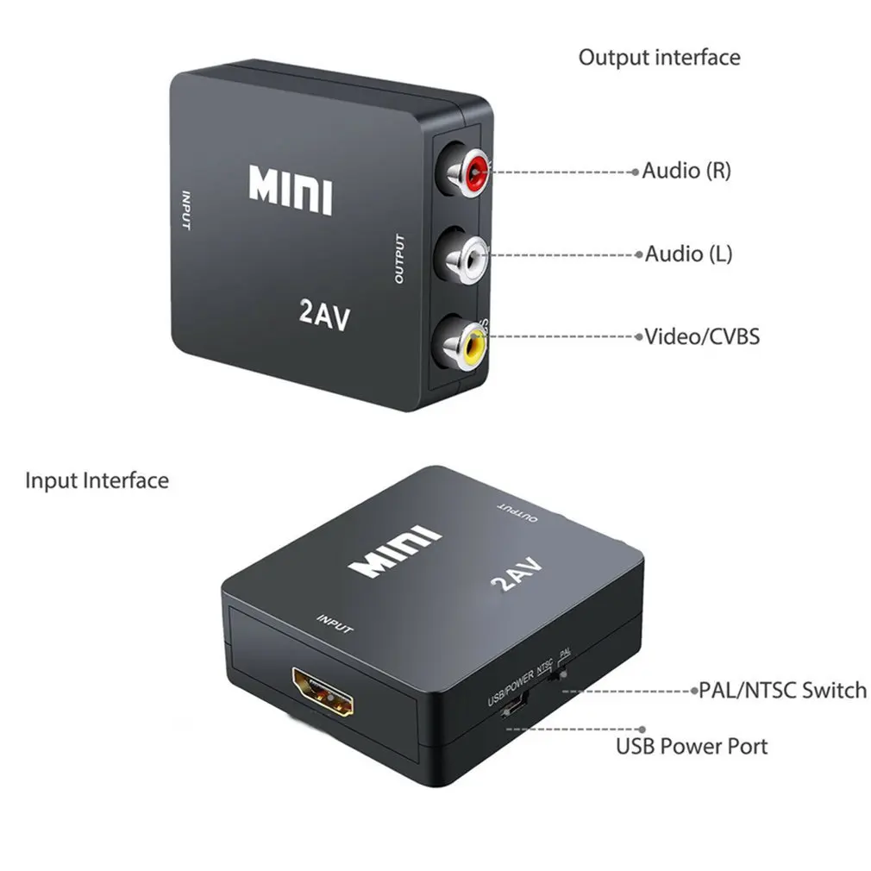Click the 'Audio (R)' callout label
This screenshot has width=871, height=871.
click(x=686, y=170)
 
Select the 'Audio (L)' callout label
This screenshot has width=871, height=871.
click(x=688, y=254)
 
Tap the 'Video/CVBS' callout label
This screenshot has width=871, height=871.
click(x=702, y=335)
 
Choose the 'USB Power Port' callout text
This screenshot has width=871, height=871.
click(x=691, y=745)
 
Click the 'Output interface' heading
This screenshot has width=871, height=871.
click(x=659, y=58)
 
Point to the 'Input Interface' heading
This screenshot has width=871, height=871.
click(x=97, y=480)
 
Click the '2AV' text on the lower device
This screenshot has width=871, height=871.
click(x=517, y=575)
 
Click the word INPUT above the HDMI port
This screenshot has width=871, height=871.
click(x=335, y=623)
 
